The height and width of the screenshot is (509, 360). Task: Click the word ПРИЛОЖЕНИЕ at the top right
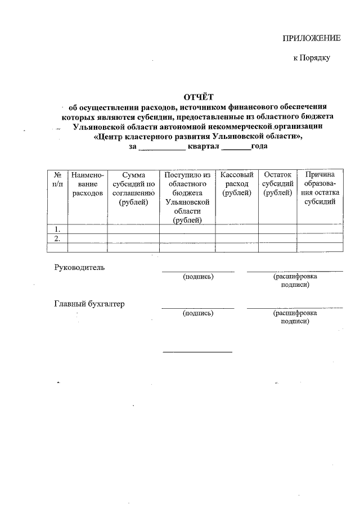coord(311,38)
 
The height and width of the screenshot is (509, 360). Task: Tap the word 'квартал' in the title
coord(204,147)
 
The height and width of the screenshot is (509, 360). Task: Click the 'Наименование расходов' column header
coord(87,184)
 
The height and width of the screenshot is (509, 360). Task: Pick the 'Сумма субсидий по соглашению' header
coord(133,188)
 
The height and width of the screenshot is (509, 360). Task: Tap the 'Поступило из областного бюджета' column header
coord(187,197)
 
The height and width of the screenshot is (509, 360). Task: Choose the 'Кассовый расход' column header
coord(237,184)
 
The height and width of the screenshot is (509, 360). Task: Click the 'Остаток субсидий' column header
coord(278,184)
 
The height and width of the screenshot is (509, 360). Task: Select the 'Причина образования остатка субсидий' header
coord(319,188)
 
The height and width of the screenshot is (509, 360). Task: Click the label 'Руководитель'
coord(79,267)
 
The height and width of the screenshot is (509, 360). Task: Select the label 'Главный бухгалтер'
coord(89,304)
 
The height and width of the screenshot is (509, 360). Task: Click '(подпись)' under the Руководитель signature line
coord(198,277)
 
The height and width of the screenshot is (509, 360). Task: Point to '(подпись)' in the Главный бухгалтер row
coord(198,313)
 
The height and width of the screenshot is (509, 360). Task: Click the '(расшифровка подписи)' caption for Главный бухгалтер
coord(295,317)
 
